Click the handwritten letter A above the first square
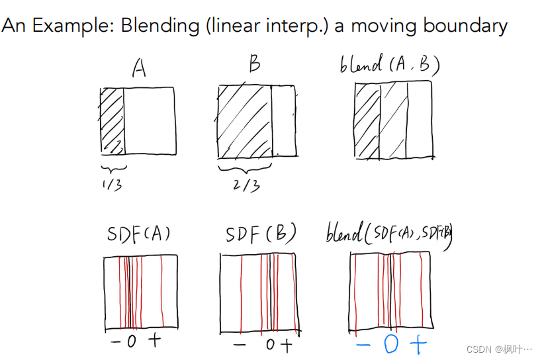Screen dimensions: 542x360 tap(138, 68)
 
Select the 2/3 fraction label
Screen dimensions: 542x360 tap(246, 185)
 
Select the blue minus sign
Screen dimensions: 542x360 tap(363, 345)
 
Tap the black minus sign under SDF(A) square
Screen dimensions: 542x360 tap(116, 342)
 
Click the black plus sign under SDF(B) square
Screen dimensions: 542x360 tap(285, 345)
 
